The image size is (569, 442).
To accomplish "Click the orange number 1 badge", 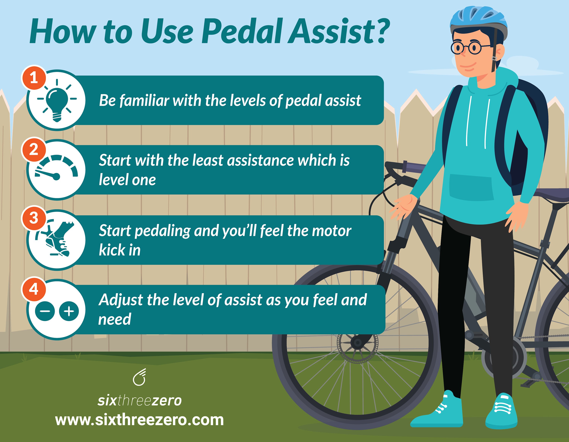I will click(x=34, y=77).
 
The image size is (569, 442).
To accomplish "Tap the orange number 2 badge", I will click(x=34, y=149).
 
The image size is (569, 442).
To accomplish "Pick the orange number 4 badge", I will click(x=34, y=289).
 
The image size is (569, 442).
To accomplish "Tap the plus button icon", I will click(x=69, y=311).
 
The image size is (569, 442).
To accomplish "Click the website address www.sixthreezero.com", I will click(x=139, y=420).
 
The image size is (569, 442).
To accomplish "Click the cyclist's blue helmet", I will click(x=479, y=21).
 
